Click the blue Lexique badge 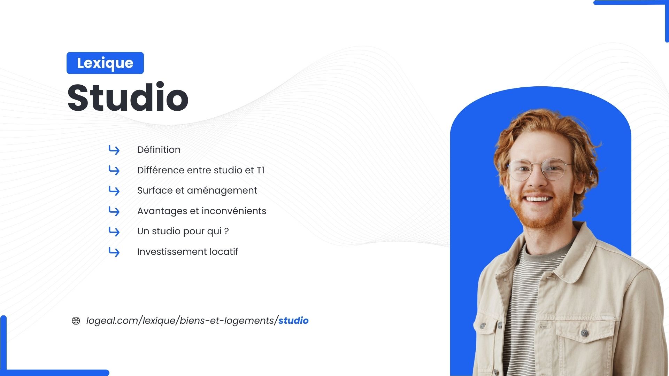(105, 63)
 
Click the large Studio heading (128, 97)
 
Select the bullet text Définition (159, 150)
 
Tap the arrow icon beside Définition (114, 150)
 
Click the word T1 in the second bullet (260, 170)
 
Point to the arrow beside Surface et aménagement (114, 191)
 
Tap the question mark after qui (226, 232)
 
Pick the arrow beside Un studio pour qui (114, 232)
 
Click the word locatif (224, 252)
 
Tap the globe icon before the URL (76, 321)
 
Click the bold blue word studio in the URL (293, 321)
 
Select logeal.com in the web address (112, 321)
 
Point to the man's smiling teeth (538, 199)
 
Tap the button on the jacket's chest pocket (584, 333)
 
